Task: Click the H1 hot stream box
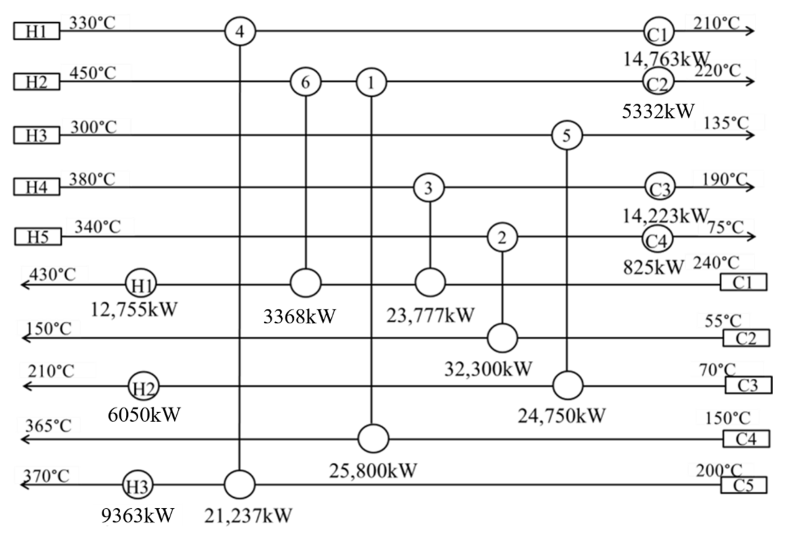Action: pos(37,31)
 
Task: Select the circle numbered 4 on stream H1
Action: pos(240,31)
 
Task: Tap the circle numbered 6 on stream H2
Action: pos(305,82)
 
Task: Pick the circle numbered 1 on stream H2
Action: pos(371,82)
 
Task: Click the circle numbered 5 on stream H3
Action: pos(567,135)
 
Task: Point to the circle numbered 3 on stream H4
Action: pos(429,188)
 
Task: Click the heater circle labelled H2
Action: pos(144,386)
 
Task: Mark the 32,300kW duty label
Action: pos(488,369)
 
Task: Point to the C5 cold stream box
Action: pos(743,485)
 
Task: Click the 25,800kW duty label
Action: pos(373,471)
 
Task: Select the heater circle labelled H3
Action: pos(138,485)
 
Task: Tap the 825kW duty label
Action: pos(653,267)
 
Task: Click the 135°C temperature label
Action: pos(726,123)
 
